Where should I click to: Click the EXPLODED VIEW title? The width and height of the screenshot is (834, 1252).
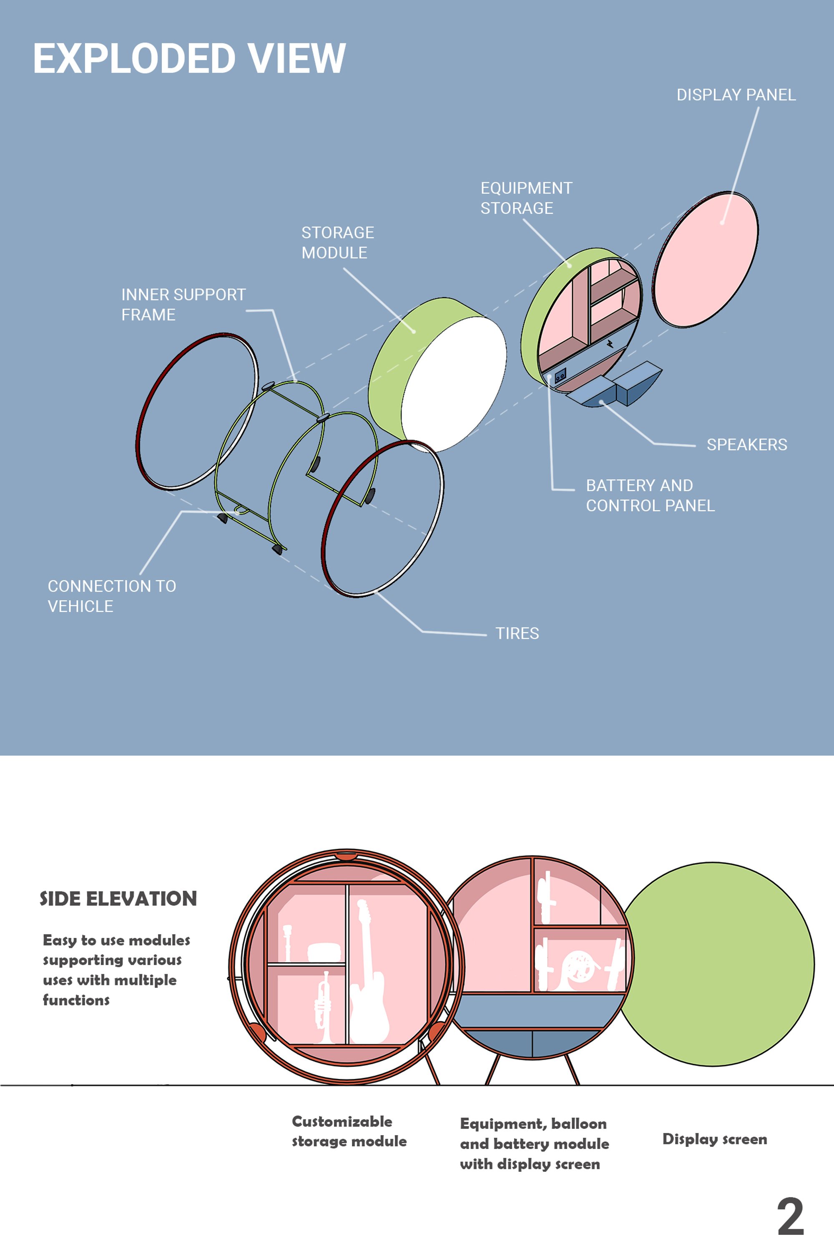(x=189, y=58)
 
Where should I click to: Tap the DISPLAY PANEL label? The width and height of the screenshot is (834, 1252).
(x=736, y=95)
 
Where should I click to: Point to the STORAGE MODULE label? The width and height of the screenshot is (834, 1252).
(x=338, y=243)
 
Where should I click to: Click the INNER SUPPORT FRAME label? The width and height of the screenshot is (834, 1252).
(x=183, y=305)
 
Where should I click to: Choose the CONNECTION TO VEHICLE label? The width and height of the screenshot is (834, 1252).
(x=112, y=596)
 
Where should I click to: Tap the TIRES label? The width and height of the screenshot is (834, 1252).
(x=517, y=633)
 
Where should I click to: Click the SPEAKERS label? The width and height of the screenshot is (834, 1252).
(x=747, y=444)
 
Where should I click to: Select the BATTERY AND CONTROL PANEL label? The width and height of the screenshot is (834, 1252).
(x=650, y=495)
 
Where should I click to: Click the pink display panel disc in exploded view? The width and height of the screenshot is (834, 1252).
(x=705, y=259)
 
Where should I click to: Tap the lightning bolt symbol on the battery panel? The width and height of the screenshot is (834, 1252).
(x=610, y=343)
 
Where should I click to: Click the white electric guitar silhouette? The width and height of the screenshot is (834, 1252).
(x=368, y=971)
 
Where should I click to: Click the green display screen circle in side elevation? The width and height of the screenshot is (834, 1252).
(x=716, y=964)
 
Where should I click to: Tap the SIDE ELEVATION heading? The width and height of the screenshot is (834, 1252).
(x=118, y=899)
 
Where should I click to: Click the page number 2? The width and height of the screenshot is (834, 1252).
(x=790, y=1217)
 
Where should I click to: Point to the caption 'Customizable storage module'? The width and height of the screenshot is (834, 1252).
(x=349, y=1131)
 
